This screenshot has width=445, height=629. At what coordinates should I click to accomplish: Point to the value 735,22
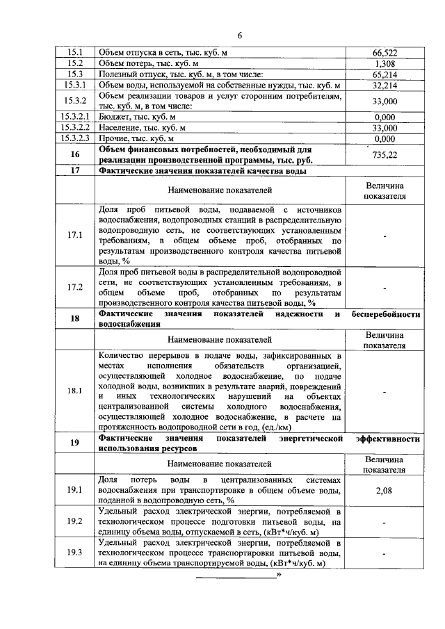tap(385, 155)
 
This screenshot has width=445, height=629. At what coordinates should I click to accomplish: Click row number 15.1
tap(74, 52)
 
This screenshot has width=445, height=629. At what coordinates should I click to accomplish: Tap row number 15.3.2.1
tap(74, 117)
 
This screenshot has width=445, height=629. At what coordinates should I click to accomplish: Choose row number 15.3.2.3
tap(74, 138)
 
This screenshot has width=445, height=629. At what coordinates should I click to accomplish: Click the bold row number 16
tap(74, 154)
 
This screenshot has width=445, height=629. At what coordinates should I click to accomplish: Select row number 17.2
tap(74, 287)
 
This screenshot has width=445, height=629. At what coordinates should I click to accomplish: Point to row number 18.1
tap(74, 391)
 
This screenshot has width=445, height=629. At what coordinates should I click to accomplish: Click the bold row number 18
tap(74, 320)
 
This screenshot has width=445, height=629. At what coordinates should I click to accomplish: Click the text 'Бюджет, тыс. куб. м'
tap(138, 117)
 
